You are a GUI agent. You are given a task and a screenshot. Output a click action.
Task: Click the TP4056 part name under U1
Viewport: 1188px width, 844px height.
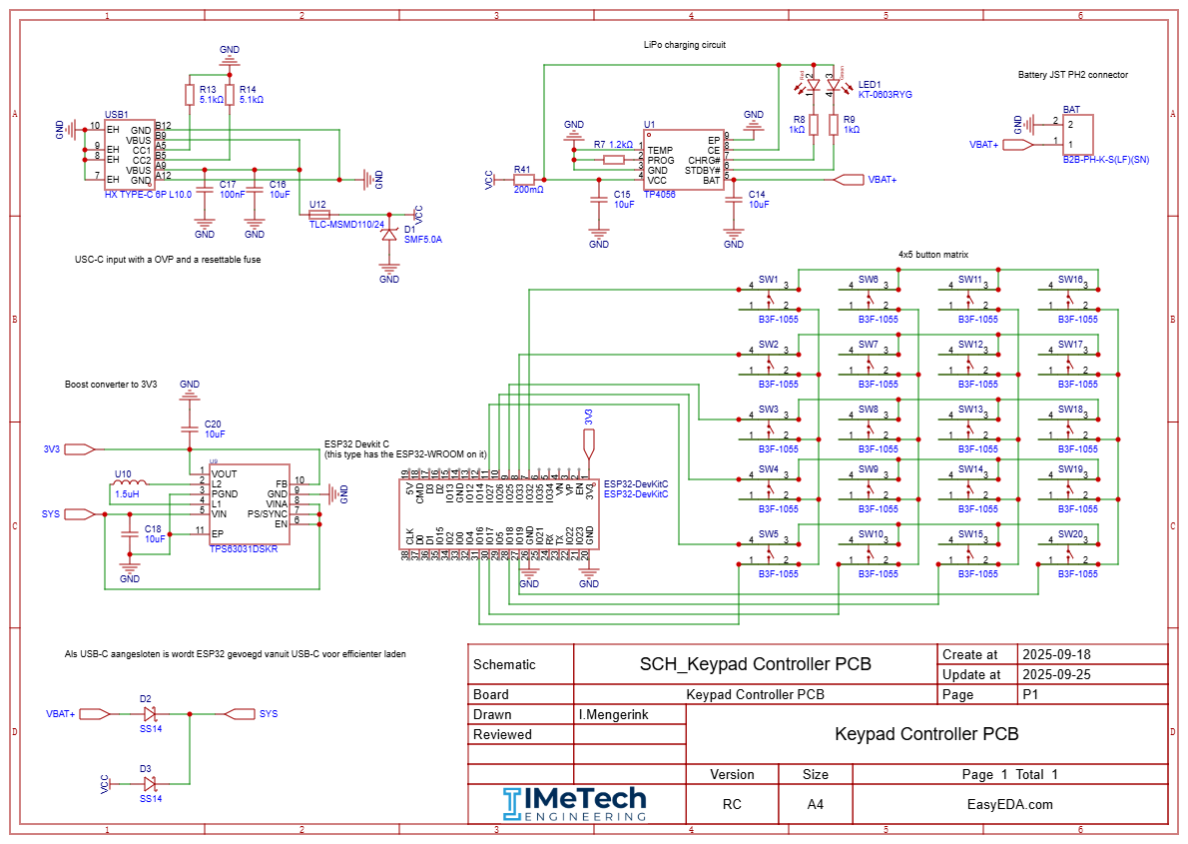(659, 196)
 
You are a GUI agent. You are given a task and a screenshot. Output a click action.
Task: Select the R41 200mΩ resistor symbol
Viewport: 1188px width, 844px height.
(524, 180)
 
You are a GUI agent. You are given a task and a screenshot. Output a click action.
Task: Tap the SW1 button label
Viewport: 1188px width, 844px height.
(768, 279)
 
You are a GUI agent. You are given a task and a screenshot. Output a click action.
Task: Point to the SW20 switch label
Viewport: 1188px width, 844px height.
(1070, 533)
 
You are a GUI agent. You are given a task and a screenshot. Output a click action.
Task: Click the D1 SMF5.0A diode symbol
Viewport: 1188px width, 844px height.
(389, 236)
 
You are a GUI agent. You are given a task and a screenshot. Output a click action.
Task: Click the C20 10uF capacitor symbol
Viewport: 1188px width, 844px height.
(190, 428)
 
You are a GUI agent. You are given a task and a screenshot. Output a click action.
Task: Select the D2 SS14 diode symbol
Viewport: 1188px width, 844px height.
(150, 714)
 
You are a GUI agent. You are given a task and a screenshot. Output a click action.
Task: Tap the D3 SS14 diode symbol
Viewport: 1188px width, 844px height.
(150, 784)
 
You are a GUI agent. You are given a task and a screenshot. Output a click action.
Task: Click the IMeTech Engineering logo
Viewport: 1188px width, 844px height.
(574, 804)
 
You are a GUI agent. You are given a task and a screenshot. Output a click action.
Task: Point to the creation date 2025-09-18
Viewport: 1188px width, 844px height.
(1056, 654)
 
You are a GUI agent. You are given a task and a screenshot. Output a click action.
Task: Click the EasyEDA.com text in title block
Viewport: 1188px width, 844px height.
(1009, 804)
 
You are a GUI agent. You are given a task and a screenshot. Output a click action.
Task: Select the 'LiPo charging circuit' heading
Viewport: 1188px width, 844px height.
(685, 45)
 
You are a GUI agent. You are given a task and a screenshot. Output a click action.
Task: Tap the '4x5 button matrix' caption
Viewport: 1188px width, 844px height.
(933, 255)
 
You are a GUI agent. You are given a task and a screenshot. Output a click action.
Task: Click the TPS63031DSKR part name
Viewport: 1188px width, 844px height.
(244, 549)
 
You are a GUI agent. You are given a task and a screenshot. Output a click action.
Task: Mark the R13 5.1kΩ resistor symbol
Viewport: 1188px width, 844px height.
(190, 95)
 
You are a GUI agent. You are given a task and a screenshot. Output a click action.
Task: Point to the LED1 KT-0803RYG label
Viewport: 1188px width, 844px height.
(885, 90)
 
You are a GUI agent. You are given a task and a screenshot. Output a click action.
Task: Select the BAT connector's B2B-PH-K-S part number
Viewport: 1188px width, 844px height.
(1105, 159)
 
